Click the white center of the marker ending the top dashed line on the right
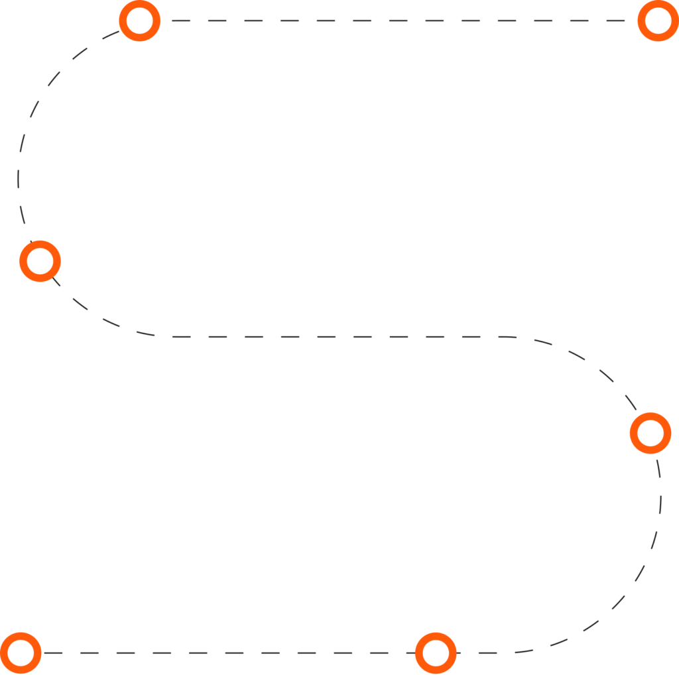click(x=658, y=21)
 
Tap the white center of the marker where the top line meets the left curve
click(x=139, y=21)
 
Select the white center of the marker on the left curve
click(x=40, y=261)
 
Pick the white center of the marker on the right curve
click(x=650, y=433)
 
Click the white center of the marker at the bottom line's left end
click(x=21, y=653)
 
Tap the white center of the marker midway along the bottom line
click(x=436, y=653)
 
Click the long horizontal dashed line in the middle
click(x=332, y=337)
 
